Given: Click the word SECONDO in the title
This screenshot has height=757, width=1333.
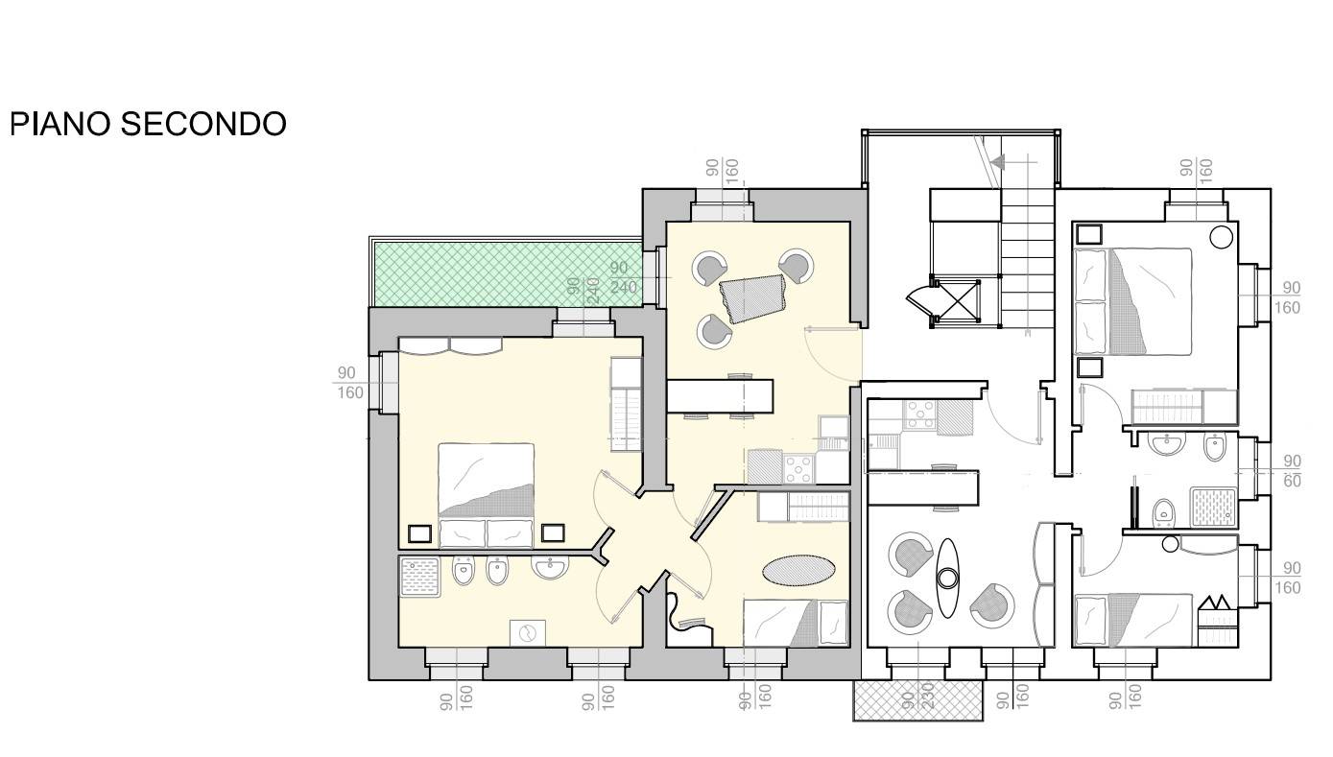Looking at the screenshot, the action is coord(203,124).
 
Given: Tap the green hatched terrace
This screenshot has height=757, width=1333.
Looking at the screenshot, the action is coord(507,273).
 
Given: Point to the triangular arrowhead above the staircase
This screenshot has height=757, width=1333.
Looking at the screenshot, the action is coord(998,161).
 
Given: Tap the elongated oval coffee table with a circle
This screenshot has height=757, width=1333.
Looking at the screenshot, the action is coord(947,578).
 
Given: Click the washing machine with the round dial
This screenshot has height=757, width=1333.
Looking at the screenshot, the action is coord(527,632).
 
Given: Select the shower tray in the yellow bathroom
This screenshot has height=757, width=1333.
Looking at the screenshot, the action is coord(420,577).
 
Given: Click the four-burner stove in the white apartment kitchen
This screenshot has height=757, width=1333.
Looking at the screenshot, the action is coord(920,414).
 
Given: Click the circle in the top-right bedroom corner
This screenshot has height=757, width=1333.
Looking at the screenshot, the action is coord(1221,237).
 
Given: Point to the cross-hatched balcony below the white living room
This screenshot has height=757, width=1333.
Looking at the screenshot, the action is coord(917,699).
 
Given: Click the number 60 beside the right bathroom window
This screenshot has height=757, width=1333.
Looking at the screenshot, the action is coord(1292,481).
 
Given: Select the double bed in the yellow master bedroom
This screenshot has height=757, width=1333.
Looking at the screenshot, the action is coord(486,494).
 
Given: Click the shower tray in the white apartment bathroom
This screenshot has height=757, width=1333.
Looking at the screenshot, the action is coord(1214,507).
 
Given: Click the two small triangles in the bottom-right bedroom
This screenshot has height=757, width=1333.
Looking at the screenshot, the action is coord(1216,603).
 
